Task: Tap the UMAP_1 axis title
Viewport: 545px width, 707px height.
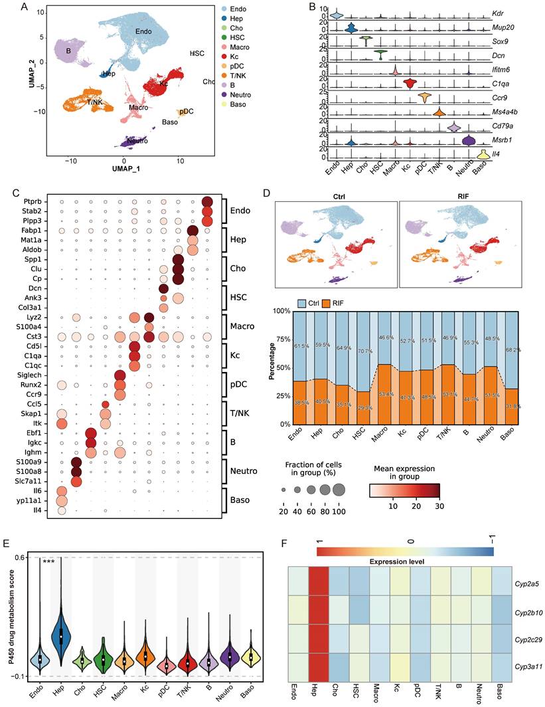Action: [x=123, y=170]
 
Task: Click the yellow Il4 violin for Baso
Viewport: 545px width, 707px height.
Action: [x=483, y=155]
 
